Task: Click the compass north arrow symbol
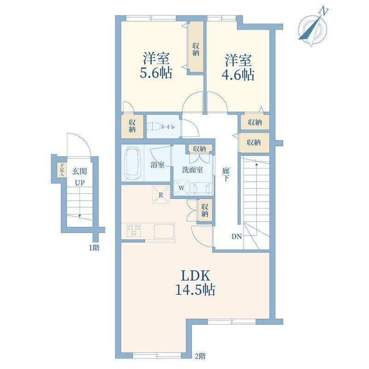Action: click(x=313, y=27)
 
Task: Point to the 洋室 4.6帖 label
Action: click(x=238, y=67)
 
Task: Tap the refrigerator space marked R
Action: click(x=161, y=195)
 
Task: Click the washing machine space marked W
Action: click(x=181, y=188)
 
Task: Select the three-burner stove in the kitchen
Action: click(x=134, y=230)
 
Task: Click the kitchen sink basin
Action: click(x=164, y=231)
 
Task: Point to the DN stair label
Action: click(x=237, y=237)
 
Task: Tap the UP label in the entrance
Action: click(x=79, y=183)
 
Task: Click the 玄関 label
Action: click(x=79, y=171)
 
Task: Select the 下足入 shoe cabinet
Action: click(x=62, y=170)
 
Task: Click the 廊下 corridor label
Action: click(x=226, y=174)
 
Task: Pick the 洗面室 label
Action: click(x=193, y=170)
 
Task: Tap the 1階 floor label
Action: click(x=94, y=248)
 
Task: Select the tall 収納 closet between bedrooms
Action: click(x=196, y=47)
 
